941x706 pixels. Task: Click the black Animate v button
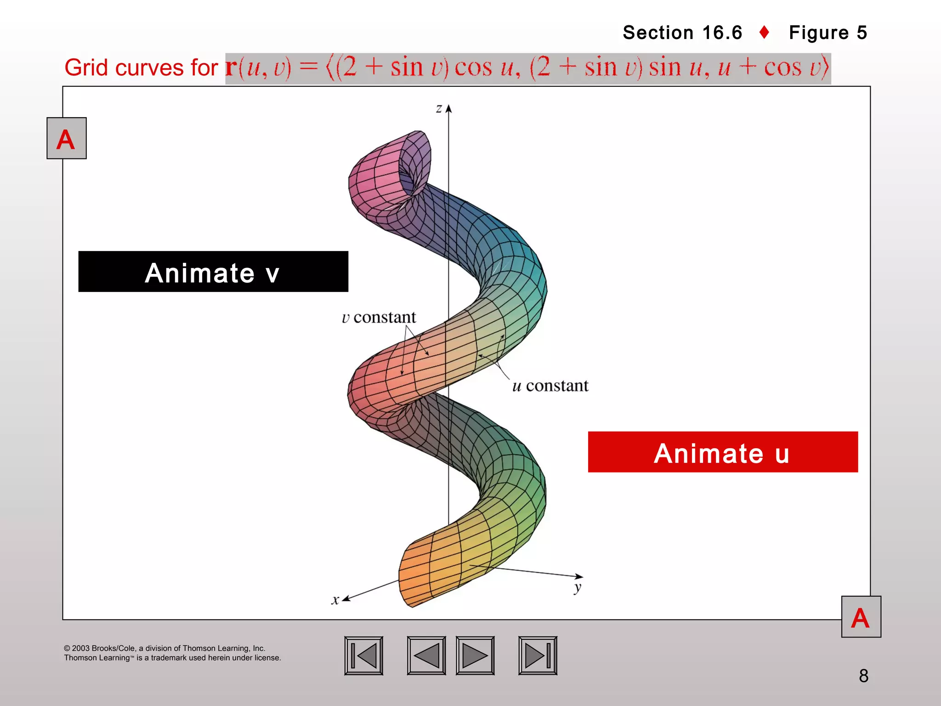(x=213, y=272)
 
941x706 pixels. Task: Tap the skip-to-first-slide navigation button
(x=363, y=655)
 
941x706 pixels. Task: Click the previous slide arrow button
(x=426, y=655)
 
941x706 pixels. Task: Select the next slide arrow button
(x=475, y=655)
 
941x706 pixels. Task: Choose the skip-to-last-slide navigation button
(x=538, y=655)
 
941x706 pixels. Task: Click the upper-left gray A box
(x=67, y=138)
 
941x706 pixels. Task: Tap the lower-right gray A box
(x=861, y=617)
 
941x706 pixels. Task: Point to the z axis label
(x=439, y=108)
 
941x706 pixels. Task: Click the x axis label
(x=335, y=600)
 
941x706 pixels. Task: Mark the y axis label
(x=578, y=587)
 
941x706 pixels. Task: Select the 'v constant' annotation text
(x=379, y=317)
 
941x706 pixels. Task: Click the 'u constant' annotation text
(x=550, y=386)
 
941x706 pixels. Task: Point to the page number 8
(x=863, y=676)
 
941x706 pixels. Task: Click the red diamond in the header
(x=765, y=33)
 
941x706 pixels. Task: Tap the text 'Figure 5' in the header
(x=828, y=33)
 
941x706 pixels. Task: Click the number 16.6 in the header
(x=722, y=33)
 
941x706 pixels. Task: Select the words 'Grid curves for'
(x=141, y=68)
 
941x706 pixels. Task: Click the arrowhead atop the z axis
(x=449, y=109)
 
